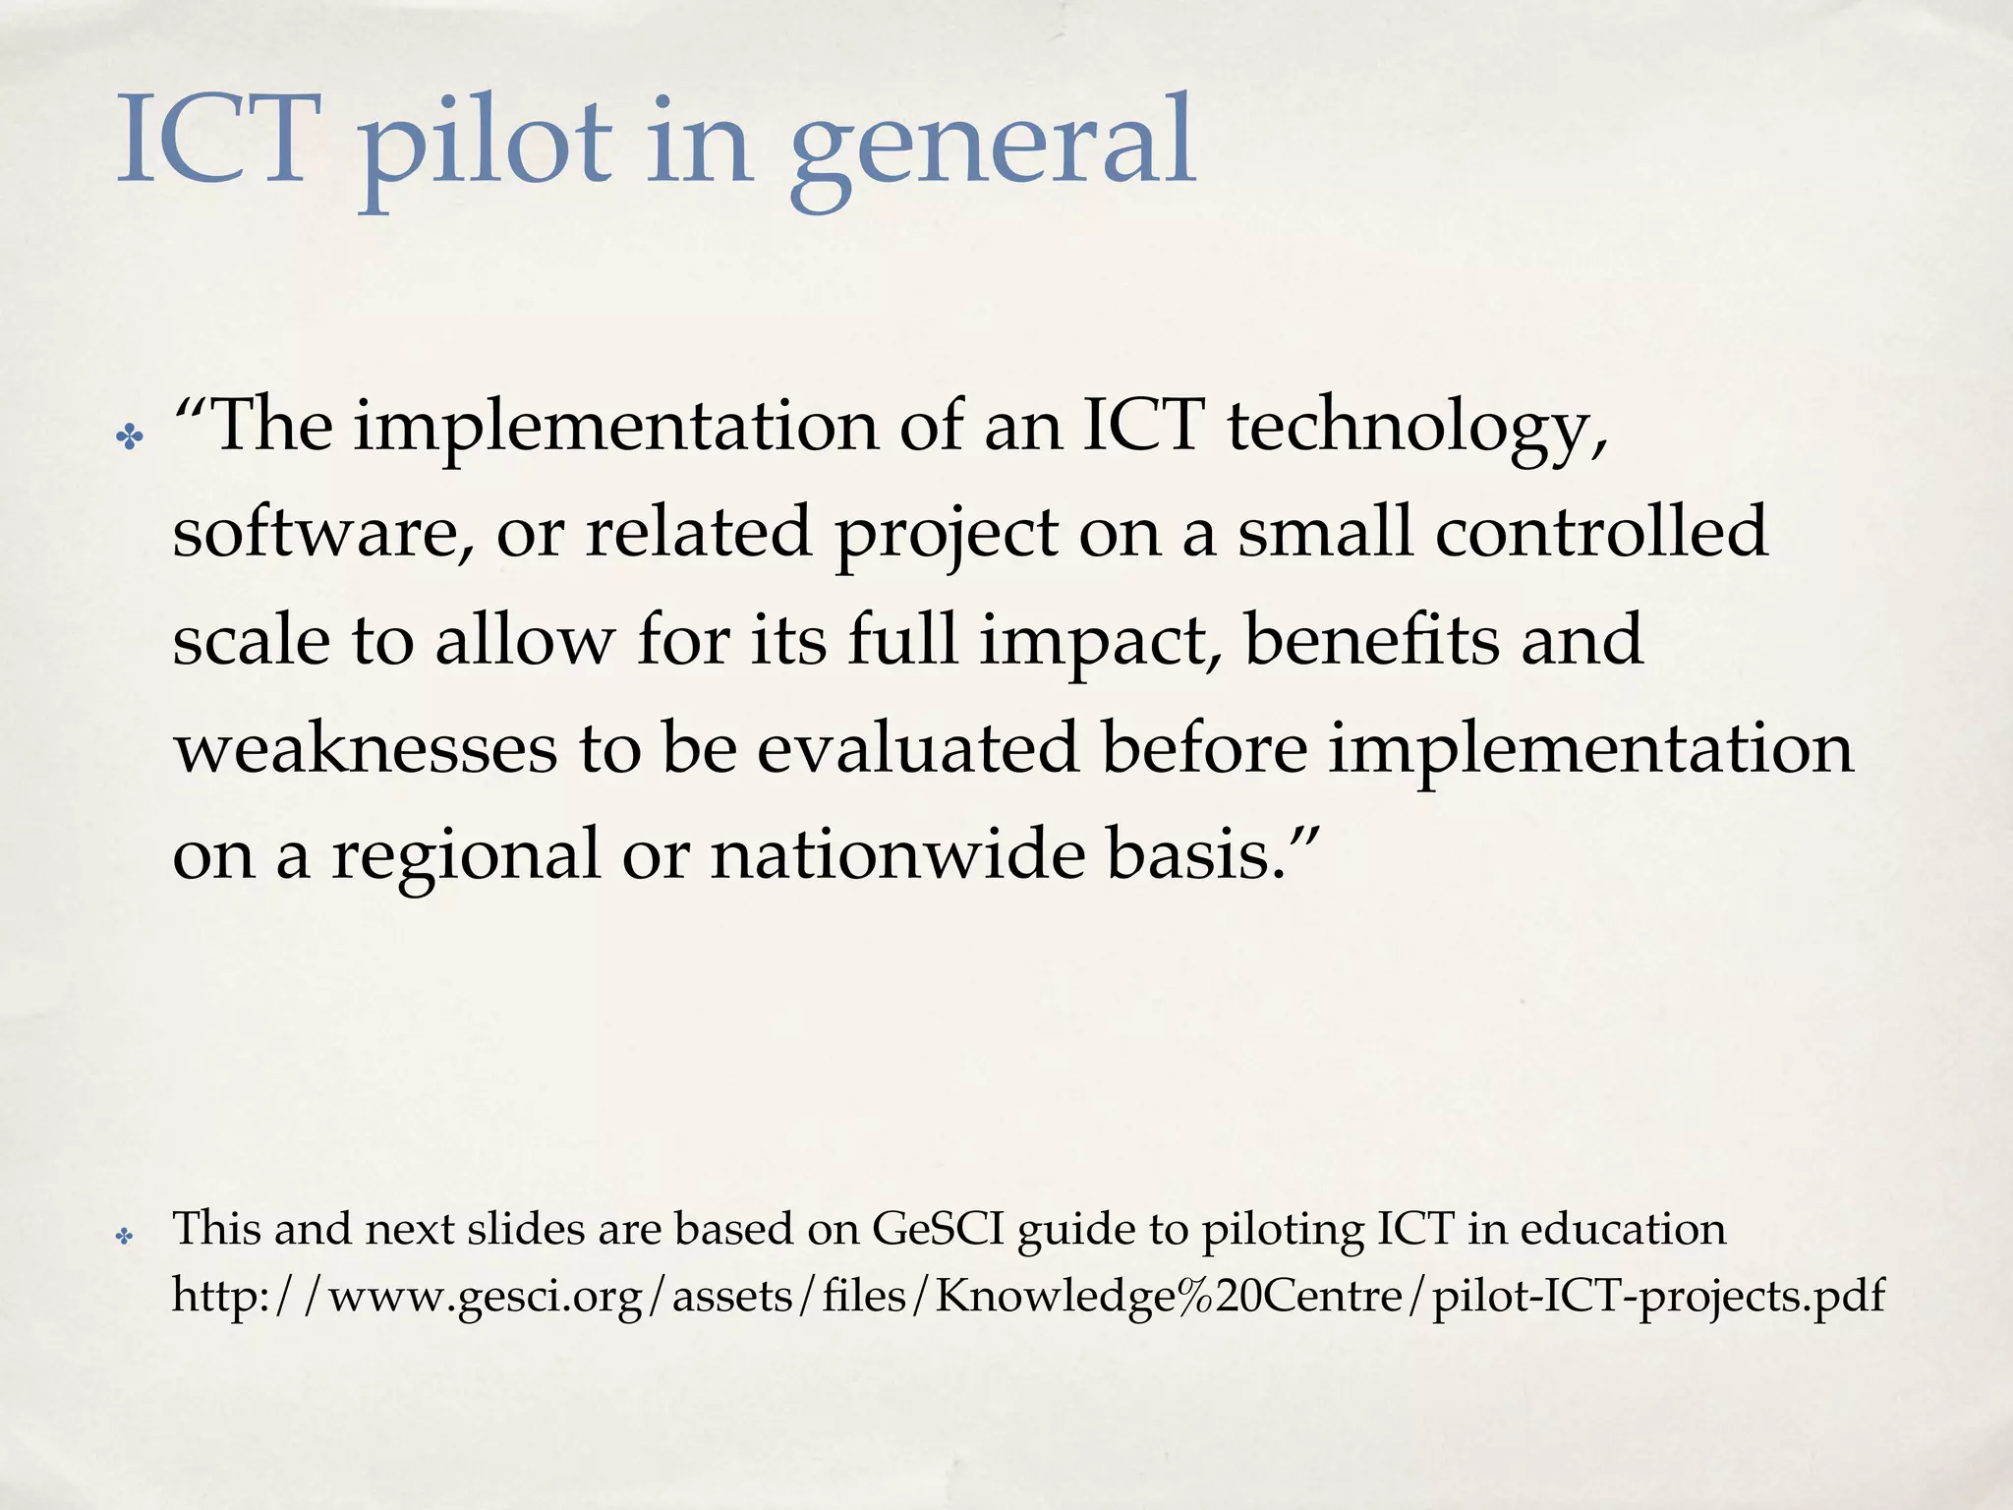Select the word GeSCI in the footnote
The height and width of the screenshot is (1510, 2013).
938,1229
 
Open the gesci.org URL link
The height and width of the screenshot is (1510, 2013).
1028,1297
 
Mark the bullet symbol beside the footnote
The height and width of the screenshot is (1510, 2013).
124,1236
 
